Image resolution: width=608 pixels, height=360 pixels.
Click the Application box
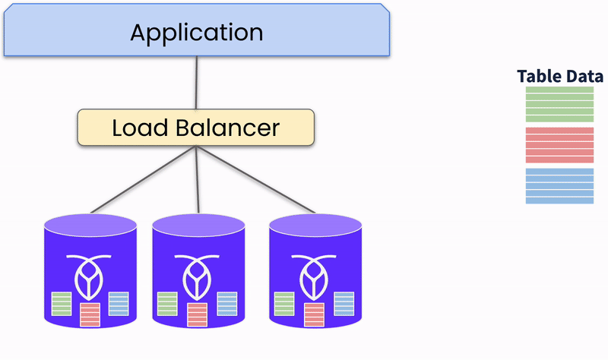pyautogui.click(x=197, y=33)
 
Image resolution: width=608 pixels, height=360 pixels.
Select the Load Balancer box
pyautogui.click(x=196, y=128)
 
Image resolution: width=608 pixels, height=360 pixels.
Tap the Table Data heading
pyautogui.click(x=560, y=76)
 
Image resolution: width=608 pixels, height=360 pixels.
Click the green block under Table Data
pyautogui.click(x=559, y=105)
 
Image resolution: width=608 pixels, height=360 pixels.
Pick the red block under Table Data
pyautogui.click(x=559, y=145)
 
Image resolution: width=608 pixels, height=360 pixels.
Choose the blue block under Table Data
pyautogui.click(x=559, y=186)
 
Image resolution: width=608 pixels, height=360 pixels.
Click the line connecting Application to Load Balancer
pyautogui.click(x=197, y=84)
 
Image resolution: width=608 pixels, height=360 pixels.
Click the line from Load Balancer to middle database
pyautogui.click(x=198, y=179)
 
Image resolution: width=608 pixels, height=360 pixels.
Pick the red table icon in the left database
pyautogui.click(x=90, y=314)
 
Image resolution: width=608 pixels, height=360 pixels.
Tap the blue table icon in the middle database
pyautogui.click(x=226, y=304)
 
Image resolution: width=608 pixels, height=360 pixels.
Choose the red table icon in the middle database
pyautogui.click(x=197, y=314)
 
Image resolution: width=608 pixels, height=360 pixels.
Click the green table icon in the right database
pyautogui.click(x=284, y=304)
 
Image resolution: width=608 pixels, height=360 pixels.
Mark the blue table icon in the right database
pyautogui.click(x=344, y=304)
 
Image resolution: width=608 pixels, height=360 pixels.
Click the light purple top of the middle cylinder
pyautogui.click(x=198, y=223)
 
